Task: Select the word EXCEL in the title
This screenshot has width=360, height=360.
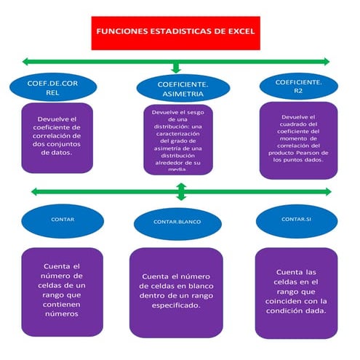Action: tap(237, 33)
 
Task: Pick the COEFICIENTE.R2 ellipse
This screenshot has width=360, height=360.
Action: tap(299, 87)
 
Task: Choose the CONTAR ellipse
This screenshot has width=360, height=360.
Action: tap(63, 219)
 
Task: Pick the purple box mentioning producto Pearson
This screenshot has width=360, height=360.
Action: tap(298, 140)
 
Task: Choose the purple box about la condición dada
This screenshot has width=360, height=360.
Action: tap(297, 289)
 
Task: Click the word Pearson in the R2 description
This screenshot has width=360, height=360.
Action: tap(315, 153)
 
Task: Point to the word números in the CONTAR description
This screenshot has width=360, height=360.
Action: tap(62, 314)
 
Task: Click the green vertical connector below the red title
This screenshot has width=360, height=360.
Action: tap(175, 65)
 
